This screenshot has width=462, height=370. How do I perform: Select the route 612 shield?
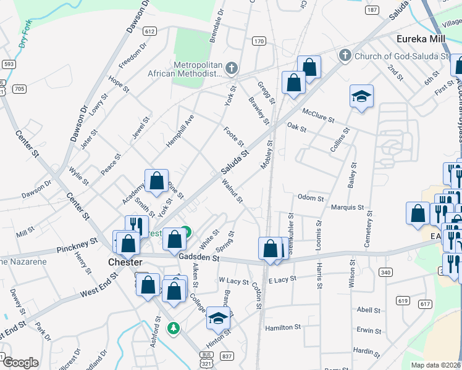pos(149,31)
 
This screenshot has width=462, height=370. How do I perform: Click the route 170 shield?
pos(259,41)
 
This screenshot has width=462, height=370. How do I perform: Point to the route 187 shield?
pos(372,10)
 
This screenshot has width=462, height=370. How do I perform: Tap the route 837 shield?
pos(227,356)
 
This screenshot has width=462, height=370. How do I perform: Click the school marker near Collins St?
pos(361,96)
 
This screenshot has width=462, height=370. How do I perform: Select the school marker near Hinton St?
pos(217,318)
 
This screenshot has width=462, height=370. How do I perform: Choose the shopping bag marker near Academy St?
pos(157,181)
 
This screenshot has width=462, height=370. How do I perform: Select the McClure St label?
pos(318,115)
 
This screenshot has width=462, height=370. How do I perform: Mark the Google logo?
pos(20,363)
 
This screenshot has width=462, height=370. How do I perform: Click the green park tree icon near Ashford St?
pos(174,327)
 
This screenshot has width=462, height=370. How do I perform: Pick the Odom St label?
pos(311,199)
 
